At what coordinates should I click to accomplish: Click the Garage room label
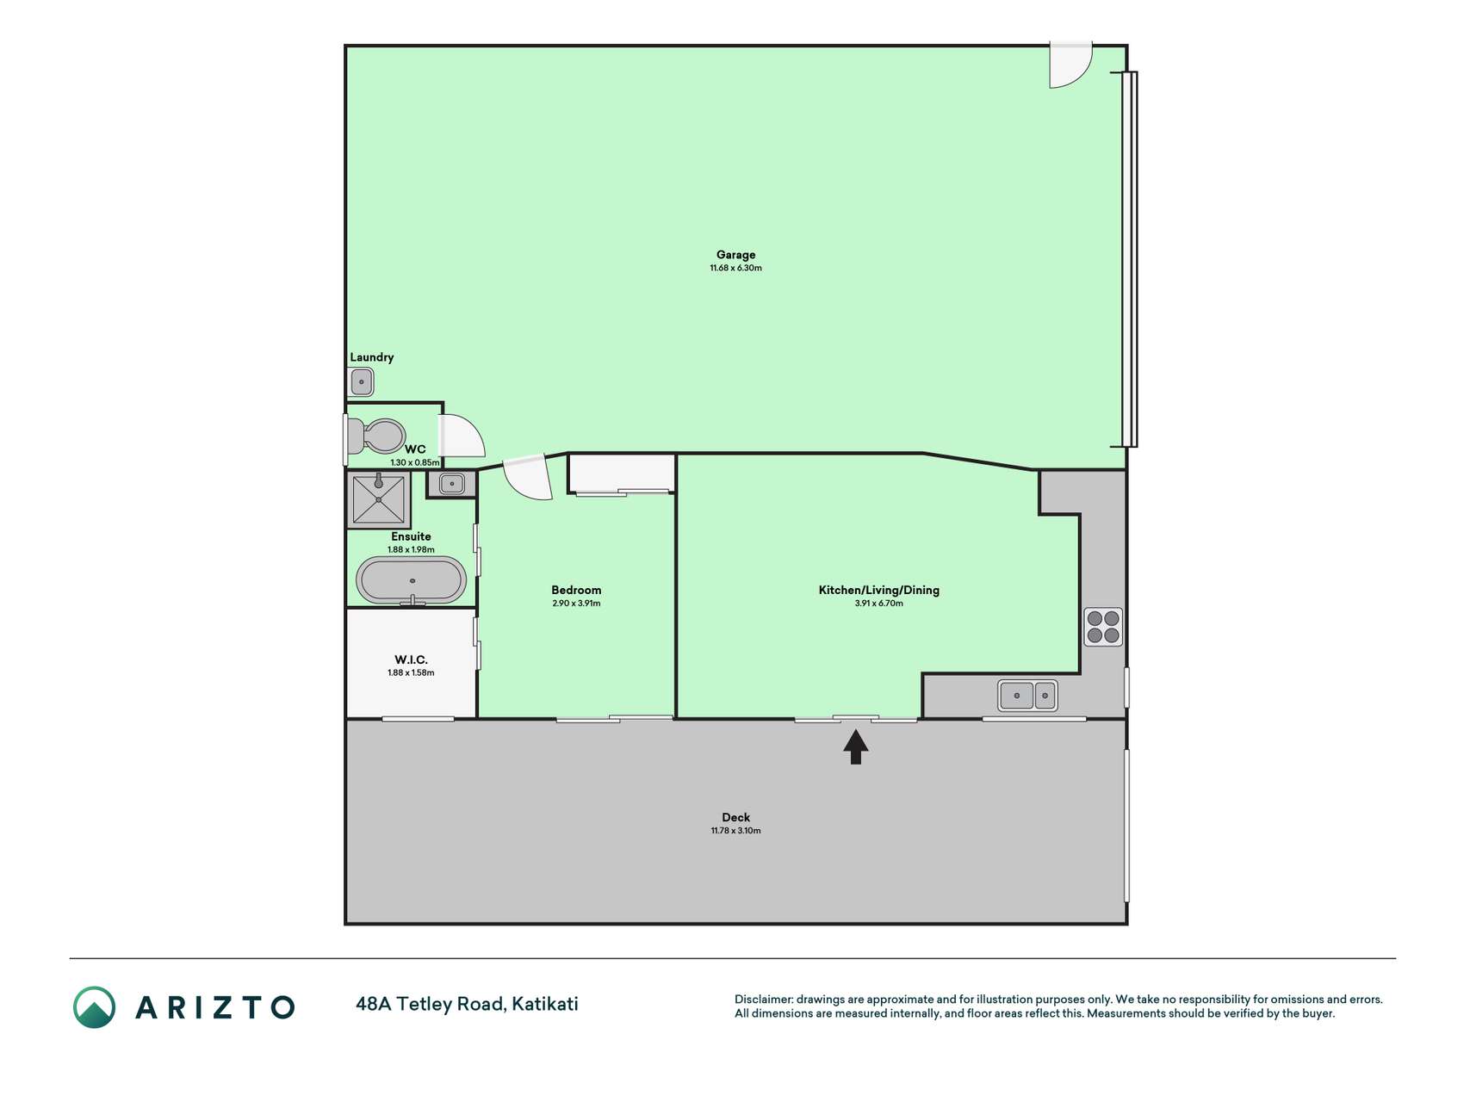735,255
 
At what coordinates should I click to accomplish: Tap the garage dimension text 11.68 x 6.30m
735,268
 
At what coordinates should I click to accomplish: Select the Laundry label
372,357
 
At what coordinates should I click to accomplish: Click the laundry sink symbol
362,381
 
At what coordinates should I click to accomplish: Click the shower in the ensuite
378,500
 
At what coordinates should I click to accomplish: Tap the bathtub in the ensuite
412,580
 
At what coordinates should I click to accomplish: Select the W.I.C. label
411,659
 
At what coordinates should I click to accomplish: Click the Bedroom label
576,590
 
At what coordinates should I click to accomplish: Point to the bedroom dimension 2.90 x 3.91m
576,604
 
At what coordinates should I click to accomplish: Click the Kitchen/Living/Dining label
878,590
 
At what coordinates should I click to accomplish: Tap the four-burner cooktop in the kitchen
1103,627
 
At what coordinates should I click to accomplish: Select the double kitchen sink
1027,696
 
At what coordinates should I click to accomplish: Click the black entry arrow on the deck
855,747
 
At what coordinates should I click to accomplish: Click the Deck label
735,817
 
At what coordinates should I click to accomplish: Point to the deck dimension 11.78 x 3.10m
735,831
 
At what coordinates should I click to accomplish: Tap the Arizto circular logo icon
94,1007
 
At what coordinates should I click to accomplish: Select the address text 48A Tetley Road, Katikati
467,1004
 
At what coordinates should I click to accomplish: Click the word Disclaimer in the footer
763,1000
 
